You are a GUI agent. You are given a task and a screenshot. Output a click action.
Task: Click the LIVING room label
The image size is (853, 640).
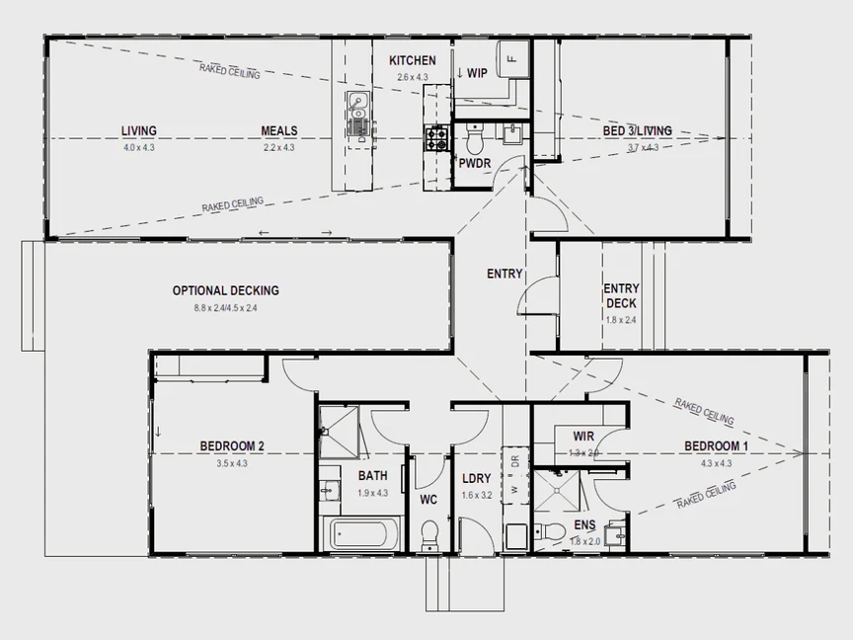(139, 130)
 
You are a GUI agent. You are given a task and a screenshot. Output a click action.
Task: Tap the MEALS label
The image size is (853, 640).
(279, 130)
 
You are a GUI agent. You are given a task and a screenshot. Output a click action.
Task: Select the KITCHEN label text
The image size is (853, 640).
(412, 60)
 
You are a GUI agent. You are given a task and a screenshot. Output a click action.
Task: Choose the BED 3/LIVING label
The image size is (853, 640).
(638, 130)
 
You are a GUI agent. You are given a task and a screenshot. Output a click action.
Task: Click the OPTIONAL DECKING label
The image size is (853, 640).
(225, 290)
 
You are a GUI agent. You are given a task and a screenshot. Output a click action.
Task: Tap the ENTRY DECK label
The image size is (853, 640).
(621, 296)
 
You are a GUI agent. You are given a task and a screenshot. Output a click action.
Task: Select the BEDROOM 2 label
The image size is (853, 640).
(232, 445)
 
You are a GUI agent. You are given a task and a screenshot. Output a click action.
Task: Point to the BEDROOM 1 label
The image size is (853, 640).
(716, 445)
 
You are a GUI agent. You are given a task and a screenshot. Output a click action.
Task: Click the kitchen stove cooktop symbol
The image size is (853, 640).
(436, 138)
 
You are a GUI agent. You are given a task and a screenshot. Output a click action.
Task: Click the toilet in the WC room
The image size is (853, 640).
(429, 536)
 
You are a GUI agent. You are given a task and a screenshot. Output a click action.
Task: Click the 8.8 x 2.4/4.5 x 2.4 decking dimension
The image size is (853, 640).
(225, 308)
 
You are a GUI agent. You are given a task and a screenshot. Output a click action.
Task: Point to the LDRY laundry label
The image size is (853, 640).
(476, 479)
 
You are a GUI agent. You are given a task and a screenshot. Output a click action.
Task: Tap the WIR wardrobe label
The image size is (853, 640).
(583, 436)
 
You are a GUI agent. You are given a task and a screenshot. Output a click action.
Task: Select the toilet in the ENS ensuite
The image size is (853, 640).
(554, 533)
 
